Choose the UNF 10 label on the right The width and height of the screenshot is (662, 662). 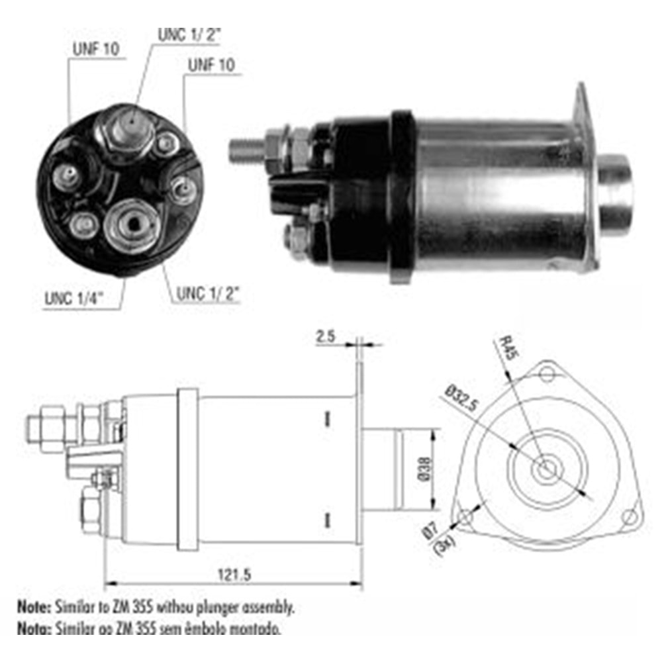(211, 65)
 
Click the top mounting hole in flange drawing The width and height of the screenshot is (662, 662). (546, 375)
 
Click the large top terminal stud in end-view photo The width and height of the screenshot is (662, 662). (130, 125)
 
